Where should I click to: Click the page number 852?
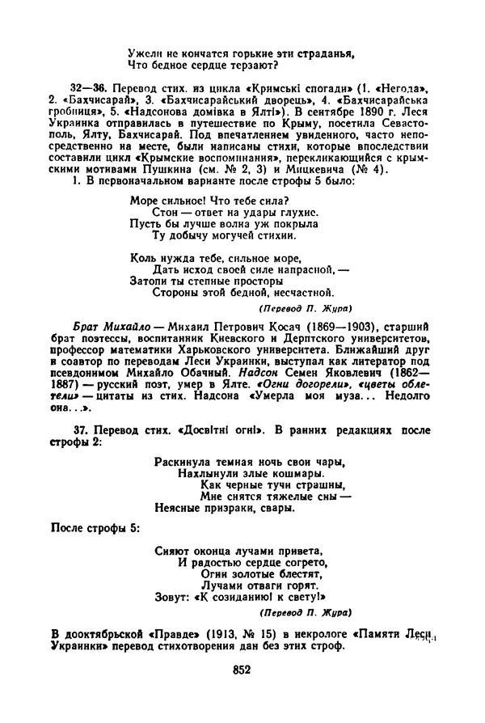(x=242, y=670)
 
